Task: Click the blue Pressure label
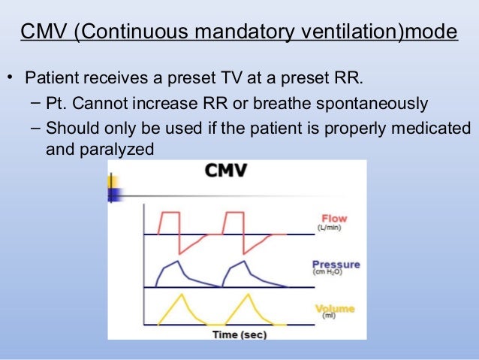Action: coord(336,265)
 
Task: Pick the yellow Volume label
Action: coord(335,309)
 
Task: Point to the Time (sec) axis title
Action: coord(239,334)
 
